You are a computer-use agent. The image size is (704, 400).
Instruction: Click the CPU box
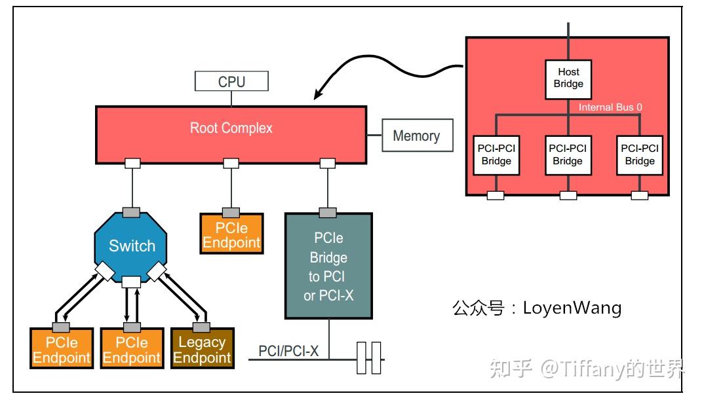[231, 81]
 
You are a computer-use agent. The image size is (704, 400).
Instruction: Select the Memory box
[416, 136]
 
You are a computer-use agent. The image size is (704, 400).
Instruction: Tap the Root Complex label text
[231, 128]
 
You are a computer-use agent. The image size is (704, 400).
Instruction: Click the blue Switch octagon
[132, 246]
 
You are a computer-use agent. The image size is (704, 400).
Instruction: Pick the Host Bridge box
[568, 78]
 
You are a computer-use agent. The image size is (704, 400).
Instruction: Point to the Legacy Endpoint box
[202, 350]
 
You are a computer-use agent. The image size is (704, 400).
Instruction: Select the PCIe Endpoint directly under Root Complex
[231, 235]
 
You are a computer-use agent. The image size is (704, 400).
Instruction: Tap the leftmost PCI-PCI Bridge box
[496, 155]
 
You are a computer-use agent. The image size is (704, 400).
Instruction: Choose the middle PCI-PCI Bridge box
[568, 155]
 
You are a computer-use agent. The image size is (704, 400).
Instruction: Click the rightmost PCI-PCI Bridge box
[640, 155]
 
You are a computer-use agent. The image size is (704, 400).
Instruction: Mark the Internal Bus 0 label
[610, 107]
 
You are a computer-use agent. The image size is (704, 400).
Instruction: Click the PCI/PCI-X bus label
[288, 352]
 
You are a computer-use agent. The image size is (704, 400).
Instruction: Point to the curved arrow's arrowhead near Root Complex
[317, 96]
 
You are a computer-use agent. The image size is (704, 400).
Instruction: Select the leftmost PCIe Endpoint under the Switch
[62, 350]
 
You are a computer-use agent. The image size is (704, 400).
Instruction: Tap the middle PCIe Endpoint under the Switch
[132, 350]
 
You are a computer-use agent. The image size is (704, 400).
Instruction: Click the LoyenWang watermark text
[537, 308]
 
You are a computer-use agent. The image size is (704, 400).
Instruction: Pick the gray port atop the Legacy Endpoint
[201, 327]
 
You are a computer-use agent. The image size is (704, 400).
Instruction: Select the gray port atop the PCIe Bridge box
[328, 212]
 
